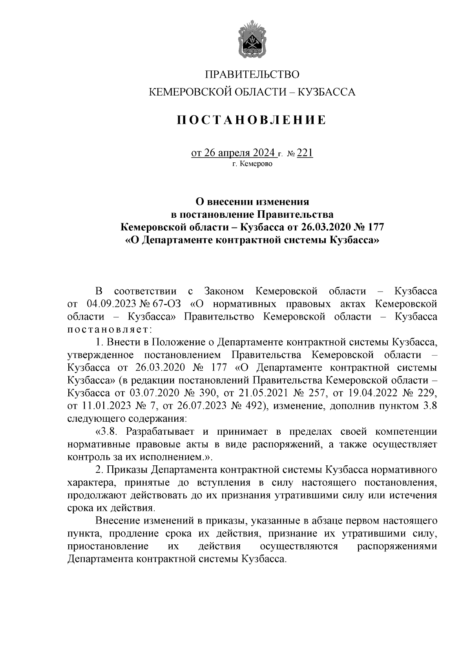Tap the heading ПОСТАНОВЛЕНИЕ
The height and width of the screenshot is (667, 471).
(x=251, y=120)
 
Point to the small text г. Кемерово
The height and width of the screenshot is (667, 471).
(x=252, y=164)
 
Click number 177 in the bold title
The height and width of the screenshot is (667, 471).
(x=374, y=227)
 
